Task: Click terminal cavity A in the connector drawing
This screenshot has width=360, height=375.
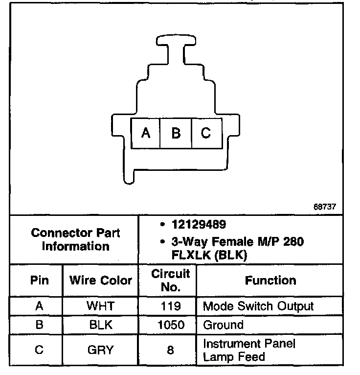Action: [x=145, y=133]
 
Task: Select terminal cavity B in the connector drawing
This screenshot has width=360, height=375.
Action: [x=176, y=133]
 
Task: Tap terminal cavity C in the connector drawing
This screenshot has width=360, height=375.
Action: [x=206, y=133]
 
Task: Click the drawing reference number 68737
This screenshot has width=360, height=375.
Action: [x=325, y=207]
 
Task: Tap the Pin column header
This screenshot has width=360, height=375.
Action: [x=40, y=281]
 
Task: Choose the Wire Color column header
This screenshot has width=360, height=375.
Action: [x=101, y=281]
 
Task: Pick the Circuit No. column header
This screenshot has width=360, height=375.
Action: [x=167, y=281]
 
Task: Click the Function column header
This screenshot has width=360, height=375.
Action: [x=270, y=281]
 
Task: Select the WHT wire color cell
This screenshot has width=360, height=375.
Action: [x=100, y=306]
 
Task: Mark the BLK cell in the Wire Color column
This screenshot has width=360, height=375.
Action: [x=100, y=325]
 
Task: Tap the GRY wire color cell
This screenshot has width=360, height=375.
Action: [x=100, y=350]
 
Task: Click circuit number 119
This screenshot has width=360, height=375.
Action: [x=167, y=306]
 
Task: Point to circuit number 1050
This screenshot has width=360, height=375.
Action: [x=167, y=325]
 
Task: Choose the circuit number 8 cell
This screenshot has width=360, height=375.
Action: [x=167, y=351]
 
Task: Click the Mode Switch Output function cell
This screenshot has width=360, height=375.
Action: [x=258, y=306]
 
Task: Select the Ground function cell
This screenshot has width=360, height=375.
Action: [x=223, y=325]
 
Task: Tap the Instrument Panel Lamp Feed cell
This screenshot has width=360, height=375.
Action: [x=249, y=350]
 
